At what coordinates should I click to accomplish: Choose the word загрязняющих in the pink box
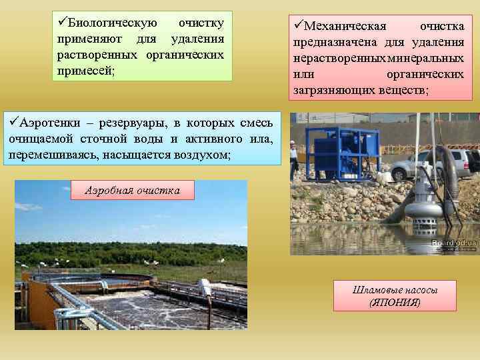point(333,89)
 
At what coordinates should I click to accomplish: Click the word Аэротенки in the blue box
point(51,123)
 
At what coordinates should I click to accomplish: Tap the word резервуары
point(135,123)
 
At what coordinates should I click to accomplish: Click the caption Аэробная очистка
point(132,190)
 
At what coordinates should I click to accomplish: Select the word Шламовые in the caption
point(375,289)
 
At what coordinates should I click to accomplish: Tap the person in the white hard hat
point(293,157)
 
